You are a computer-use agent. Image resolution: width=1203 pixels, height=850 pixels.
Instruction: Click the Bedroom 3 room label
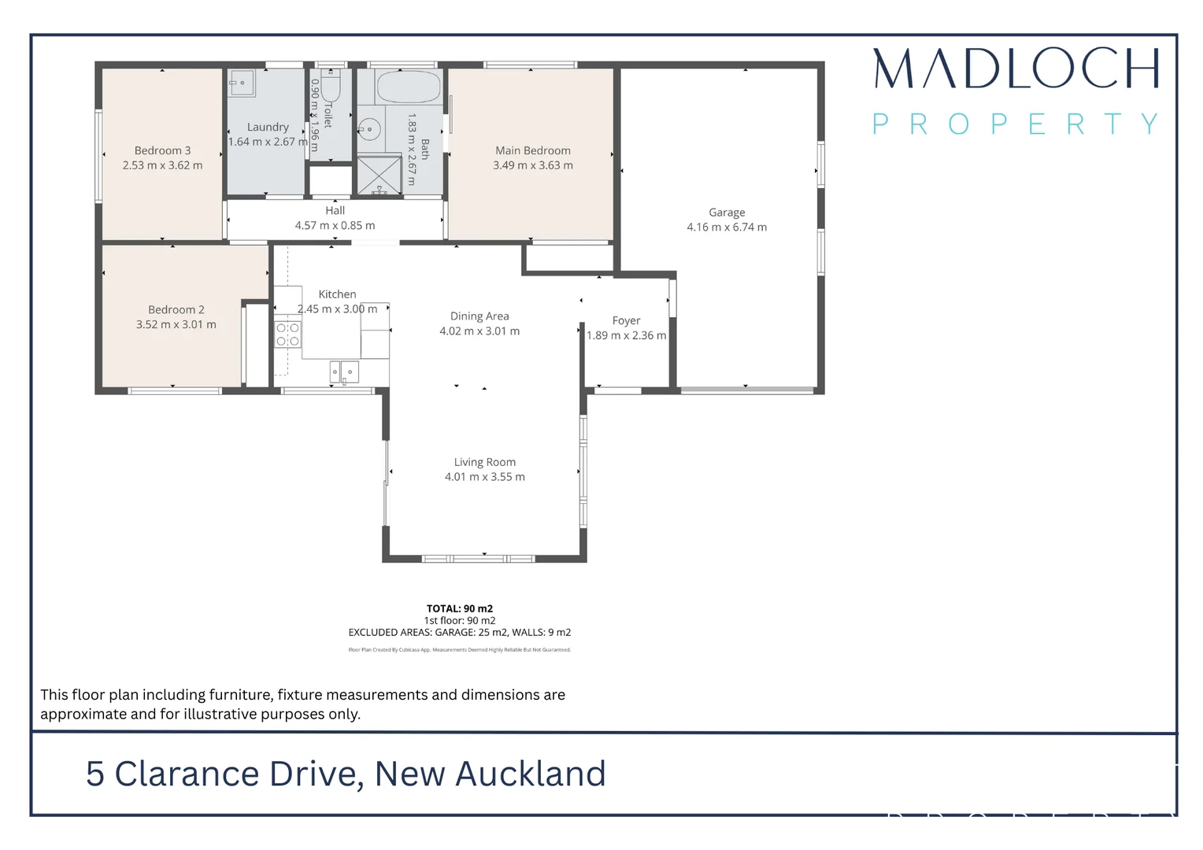162,150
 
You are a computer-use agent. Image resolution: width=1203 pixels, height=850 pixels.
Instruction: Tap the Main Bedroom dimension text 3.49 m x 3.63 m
533,165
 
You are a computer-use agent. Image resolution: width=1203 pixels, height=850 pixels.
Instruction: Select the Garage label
727,213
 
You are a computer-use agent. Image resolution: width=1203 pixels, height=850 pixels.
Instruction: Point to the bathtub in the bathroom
408,87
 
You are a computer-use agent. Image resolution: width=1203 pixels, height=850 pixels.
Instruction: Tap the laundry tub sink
242,83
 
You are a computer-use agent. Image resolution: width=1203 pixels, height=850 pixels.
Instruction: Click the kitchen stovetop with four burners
287,334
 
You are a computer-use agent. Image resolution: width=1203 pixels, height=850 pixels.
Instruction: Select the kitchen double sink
344,371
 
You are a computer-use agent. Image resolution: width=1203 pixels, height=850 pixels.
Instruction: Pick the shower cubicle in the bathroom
379,175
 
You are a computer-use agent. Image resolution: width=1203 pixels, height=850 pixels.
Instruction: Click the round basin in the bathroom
369,129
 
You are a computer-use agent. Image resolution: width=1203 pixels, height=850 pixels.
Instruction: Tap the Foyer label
626,320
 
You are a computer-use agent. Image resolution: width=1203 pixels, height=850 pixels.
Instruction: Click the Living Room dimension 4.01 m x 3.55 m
484,477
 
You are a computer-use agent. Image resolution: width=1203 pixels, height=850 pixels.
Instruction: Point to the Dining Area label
479,316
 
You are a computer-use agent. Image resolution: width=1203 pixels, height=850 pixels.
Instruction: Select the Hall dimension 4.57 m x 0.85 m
335,226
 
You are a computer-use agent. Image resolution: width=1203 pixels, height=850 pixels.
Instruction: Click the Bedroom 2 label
176,310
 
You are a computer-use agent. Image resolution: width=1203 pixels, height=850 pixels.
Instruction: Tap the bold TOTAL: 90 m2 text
460,608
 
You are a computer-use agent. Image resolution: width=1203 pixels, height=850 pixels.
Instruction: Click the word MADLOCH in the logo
1016,68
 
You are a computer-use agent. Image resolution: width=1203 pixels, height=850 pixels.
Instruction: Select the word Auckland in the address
531,774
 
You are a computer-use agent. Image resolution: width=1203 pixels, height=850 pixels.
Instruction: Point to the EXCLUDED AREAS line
460,632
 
